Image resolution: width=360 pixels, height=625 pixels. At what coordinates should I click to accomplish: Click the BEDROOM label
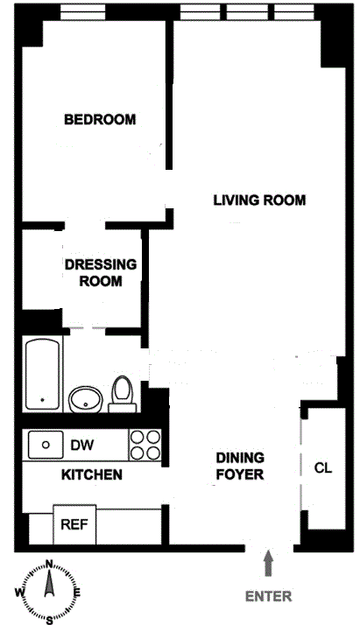point(100,120)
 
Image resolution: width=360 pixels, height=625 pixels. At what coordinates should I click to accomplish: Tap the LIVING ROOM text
point(259,200)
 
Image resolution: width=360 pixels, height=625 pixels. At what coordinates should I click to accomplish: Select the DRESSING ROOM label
point(101,272)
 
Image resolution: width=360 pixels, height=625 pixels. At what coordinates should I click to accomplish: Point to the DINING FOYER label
point(240,466)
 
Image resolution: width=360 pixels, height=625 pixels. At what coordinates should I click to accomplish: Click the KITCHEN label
point(92,474)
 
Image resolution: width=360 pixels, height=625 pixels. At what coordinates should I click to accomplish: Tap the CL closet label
point(323,467)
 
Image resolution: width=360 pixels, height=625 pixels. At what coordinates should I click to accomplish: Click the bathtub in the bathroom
point(43,374)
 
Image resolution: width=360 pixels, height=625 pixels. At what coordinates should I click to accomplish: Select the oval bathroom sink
point(86,399)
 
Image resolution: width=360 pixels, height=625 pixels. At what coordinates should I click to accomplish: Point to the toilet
point(123,394)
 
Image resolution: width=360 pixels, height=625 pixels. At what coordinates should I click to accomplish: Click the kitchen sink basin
point(46,445)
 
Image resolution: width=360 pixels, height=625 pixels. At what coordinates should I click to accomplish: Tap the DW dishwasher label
point(82,445)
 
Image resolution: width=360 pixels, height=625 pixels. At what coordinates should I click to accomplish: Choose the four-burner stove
point(145,445)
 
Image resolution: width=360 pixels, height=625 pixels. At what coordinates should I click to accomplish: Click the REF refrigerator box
point(74,524)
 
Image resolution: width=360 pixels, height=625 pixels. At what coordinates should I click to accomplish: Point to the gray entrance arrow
point(268,563)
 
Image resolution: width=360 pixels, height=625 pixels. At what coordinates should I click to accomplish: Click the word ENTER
point(268,596)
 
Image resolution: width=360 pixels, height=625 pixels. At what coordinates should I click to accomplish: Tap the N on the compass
point(49,564)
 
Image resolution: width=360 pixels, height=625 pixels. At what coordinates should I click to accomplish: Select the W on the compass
point(19,593)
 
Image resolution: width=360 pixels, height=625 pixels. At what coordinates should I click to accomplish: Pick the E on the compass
point(78,593)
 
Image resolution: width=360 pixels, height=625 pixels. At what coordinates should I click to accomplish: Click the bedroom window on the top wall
point(83,12)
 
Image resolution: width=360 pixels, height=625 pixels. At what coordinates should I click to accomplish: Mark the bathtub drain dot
point(42,399)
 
